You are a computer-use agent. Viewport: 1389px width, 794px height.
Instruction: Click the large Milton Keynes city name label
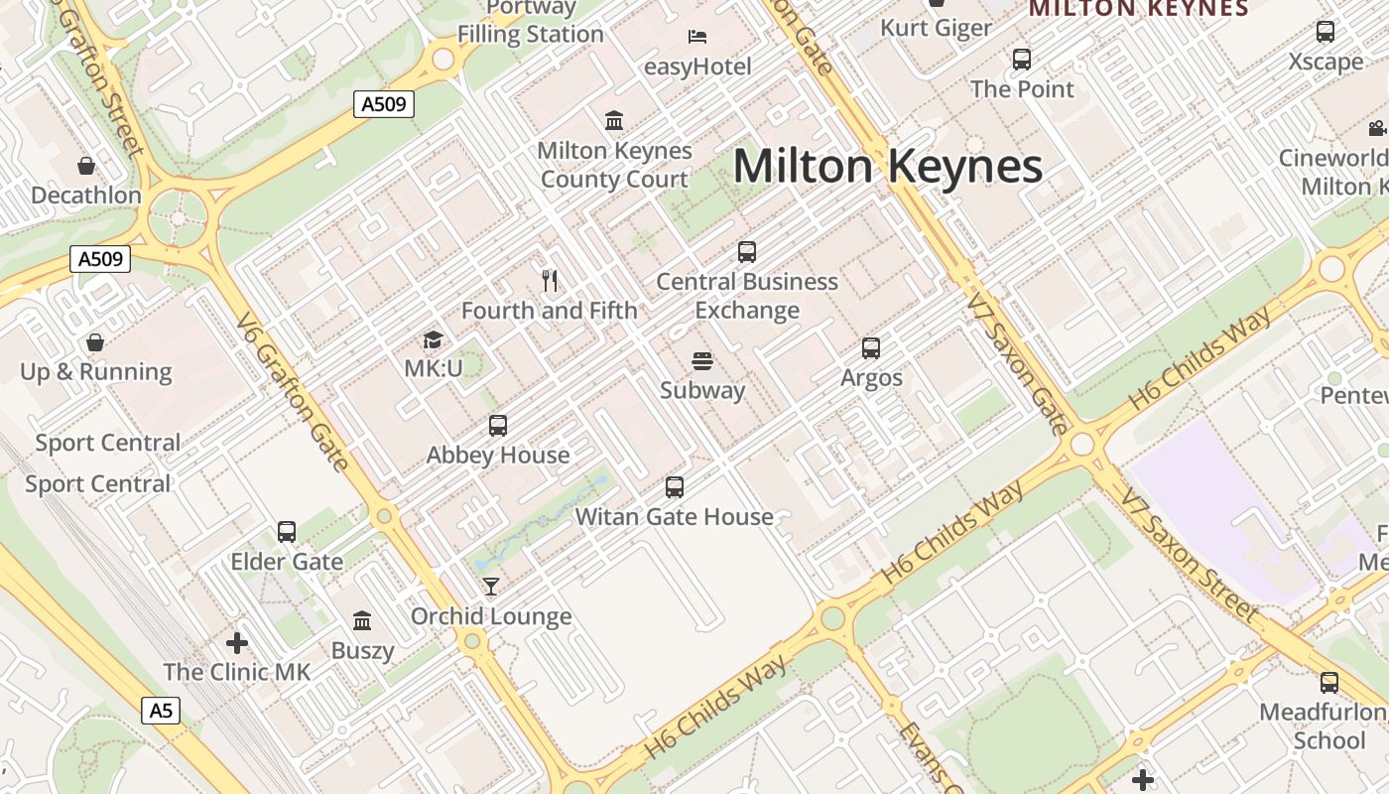(x=887, y=166)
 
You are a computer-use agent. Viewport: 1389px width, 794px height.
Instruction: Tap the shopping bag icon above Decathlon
(x=86, y=165)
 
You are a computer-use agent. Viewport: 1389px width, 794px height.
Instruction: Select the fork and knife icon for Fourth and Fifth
(x=550, y=281)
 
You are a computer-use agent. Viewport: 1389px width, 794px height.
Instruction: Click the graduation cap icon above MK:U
(x=433, y=340)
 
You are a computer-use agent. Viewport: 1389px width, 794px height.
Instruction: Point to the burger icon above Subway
(x=702, y=360)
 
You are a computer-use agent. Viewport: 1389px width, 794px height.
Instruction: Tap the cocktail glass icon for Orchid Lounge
(x=491, y=587)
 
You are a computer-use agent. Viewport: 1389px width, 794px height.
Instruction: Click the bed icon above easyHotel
(x=697, y=37)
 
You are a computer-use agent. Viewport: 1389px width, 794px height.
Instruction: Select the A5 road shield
(x=161, y=711)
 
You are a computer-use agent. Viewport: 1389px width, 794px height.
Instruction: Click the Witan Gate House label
(x=674, y=516)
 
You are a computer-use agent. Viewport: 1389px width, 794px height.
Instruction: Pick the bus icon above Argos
(x=871, y=348)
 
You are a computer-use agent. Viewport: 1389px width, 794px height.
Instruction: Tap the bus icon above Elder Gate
(x=287, y=532)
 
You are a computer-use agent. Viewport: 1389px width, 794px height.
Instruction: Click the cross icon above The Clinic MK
(x=236, y=642)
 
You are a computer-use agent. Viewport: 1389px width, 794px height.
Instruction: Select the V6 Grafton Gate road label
(x=293, y=392)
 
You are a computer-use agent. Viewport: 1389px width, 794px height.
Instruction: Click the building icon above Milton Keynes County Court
(x=614, y=121)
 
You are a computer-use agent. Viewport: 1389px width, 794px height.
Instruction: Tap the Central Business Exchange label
(x=747, y=296)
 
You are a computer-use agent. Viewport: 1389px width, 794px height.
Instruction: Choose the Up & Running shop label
(x=96, y=372)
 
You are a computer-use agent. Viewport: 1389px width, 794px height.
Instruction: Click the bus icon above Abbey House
(x=498, y=426)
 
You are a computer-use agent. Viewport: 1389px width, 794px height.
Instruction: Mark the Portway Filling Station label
(x=531, y=22)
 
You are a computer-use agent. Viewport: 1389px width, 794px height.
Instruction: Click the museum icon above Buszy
(x=362, y=621)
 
